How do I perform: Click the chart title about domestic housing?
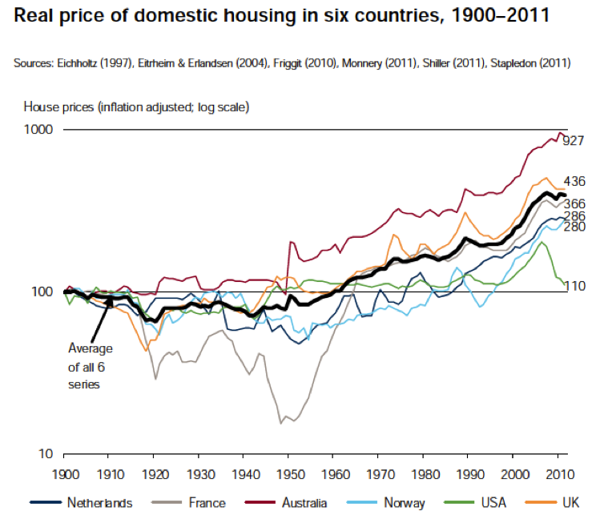(280, 15)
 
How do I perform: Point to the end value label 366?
(575, 204)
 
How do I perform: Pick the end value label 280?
(575, 227)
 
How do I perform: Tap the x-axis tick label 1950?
(292, 473)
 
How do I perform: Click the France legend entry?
(201, 503)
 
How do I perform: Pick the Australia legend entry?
(303, 503)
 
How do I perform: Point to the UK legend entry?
(570, 503)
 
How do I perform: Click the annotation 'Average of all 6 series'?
(91, 366)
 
